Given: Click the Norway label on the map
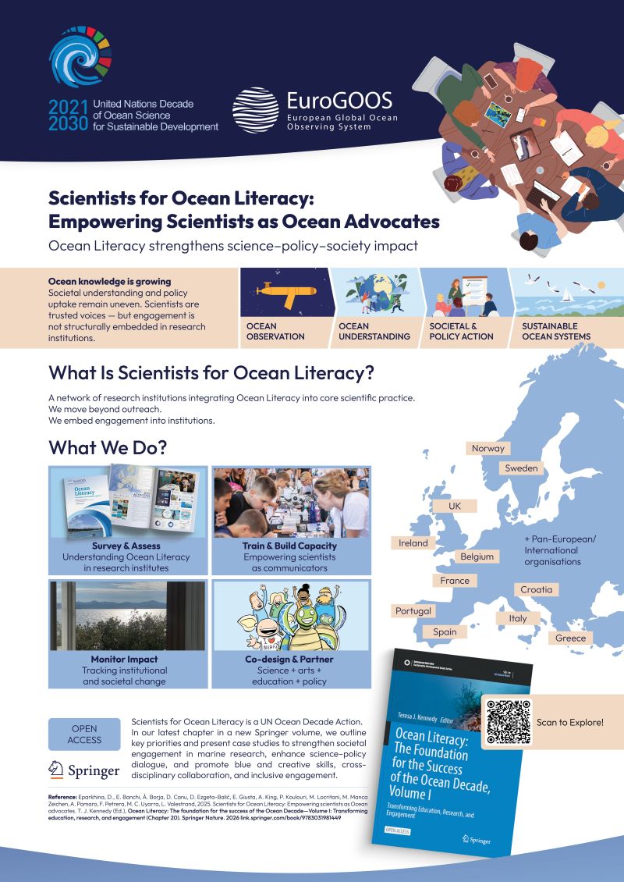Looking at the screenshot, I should [488, 448].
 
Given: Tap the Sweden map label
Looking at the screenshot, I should [521, 468].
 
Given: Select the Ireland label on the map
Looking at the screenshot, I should [413, 542].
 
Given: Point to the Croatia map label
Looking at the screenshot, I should [536, 589].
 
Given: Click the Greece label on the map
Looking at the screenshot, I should [570, 638].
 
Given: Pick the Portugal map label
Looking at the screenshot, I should [413, 611].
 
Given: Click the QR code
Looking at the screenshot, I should [508, 722].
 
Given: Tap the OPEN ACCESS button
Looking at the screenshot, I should [84, 734].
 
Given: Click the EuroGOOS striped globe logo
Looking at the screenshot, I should [256, 110].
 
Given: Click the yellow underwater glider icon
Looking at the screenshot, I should [283, 292].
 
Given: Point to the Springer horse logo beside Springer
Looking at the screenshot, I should [56, 770].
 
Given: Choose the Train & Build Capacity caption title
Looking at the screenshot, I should [289, 546].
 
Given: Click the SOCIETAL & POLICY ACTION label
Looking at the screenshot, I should [461, 331].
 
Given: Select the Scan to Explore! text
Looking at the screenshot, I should [569, 722].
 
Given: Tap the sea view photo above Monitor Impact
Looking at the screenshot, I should [128, 615].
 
